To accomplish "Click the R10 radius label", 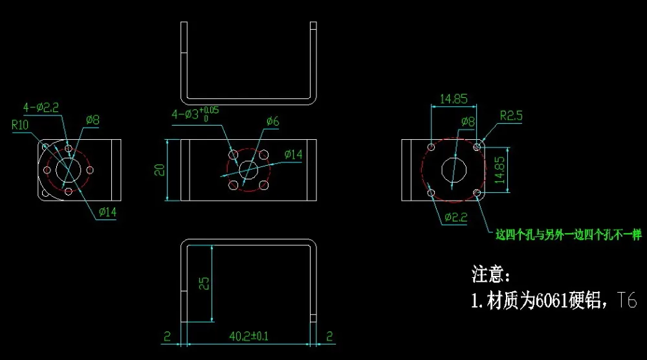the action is pyautogui.click(x=20, y=125).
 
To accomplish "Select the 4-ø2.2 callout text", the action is pyautogui.click(x=41, y=107).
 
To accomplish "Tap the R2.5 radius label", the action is pyautogui.click(x=511, y=116).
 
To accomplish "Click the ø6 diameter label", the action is pyautogui.click(x=273, y=121).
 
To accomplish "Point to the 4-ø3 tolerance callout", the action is pyautogui.click(x=195, y=113).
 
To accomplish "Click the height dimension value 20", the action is pyautogui.click(x=159, y=170).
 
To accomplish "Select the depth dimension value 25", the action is pyautogui.click(x=204, y=283).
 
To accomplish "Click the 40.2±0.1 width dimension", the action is pyautogui.click(x=249, y=337).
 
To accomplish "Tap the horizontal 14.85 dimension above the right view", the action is pyautogui.click(x=454, y=99).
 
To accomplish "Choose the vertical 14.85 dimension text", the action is pyautogui.click(x=499, y=170).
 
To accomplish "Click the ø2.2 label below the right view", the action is pyautogui.click(x=455, y=217).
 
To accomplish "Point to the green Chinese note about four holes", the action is pyautogui.click(x=569, y=235).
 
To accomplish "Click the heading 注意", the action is pyautogui.click(x=491, y=275).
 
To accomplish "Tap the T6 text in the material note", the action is pyautogui.click(x=627, y=300).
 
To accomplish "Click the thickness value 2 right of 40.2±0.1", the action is pyautogui.click(x=329, y=337).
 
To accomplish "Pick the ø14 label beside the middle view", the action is pyautogui.click(x=293, y=155).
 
